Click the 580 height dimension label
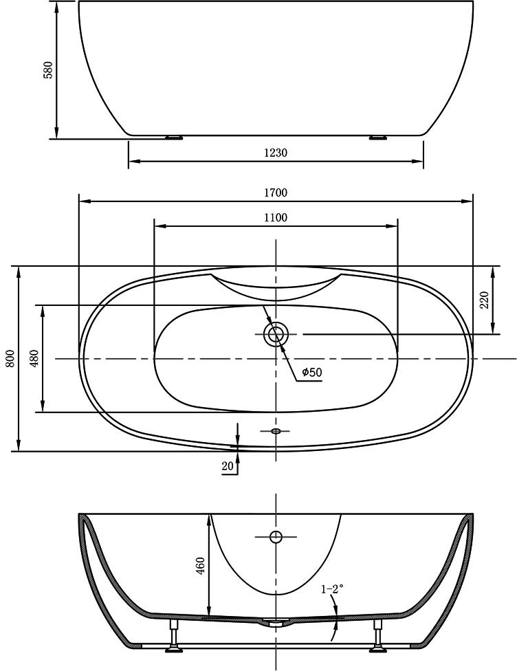(48, 70)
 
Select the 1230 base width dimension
(276, 153)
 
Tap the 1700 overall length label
(276, 192)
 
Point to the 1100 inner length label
(276, 218)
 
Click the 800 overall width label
(11, 358)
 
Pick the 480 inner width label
(34, 358)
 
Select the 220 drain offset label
(484, 300)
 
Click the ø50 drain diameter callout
(311, 373)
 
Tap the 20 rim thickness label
(228, 466)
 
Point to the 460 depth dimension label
(200, 566)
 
